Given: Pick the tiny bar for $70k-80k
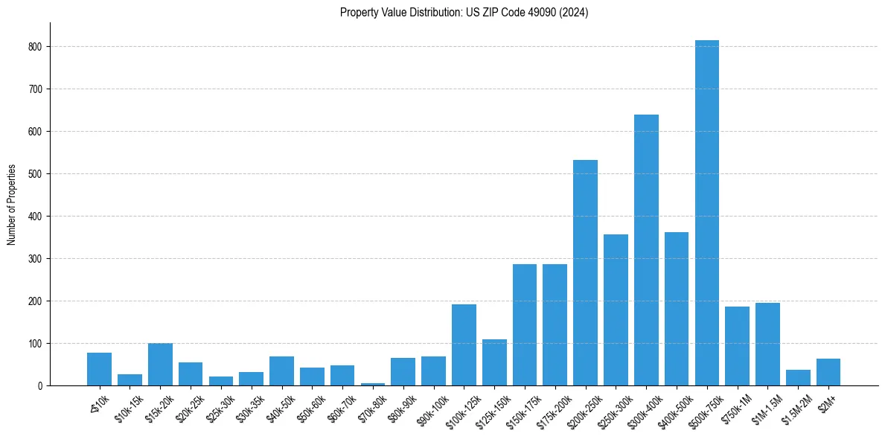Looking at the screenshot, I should point(373,384).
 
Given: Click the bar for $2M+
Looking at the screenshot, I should point(828,372).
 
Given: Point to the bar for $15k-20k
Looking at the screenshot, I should point(160,365).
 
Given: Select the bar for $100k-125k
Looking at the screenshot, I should point(464,345).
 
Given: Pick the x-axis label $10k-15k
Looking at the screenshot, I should point(130,407).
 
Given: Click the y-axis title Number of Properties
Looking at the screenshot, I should point(11,204).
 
